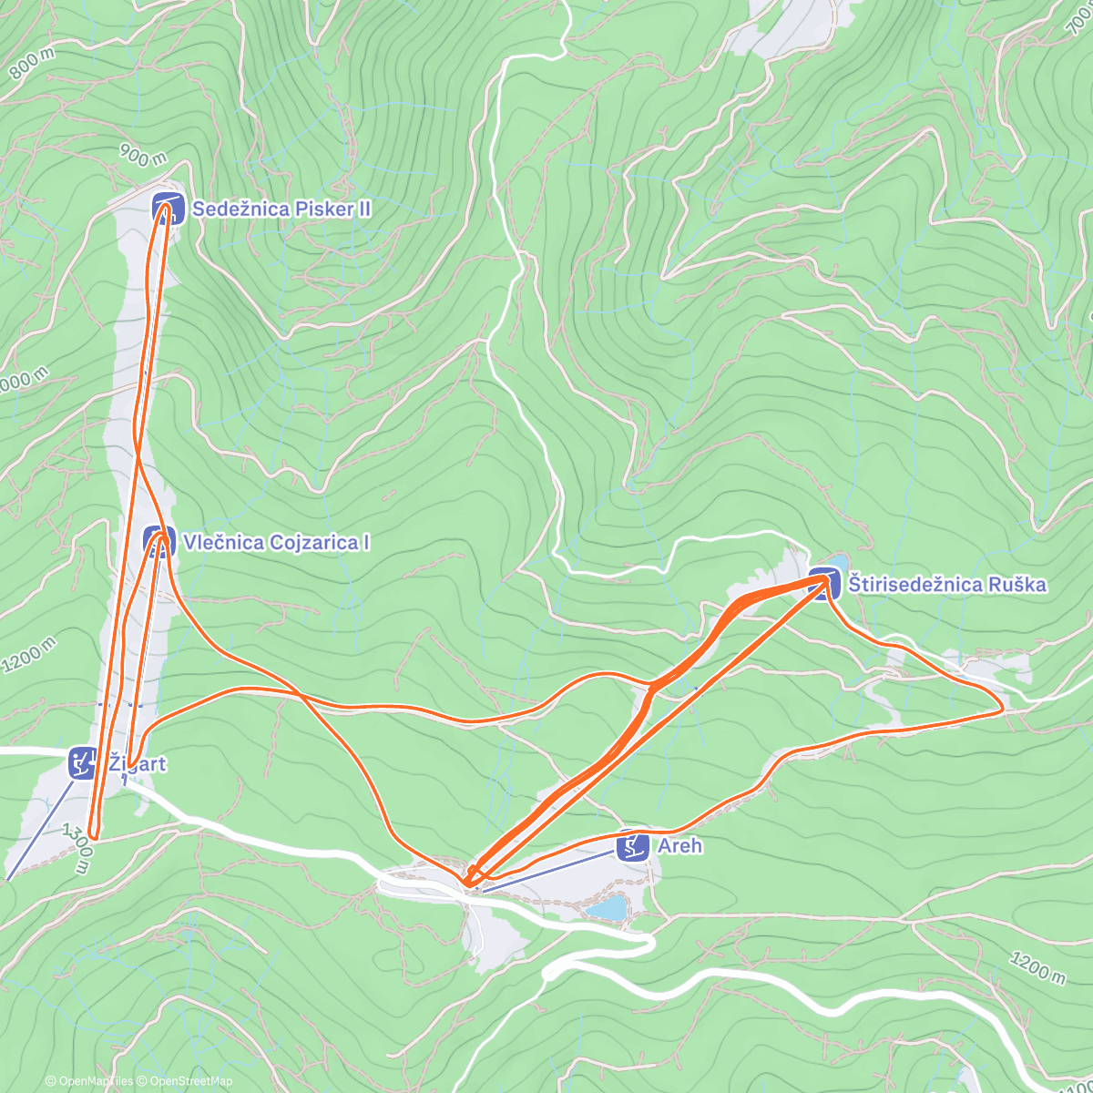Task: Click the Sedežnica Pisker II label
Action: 281,209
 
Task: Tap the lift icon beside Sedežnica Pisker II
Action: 168,209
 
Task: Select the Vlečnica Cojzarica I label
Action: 276,542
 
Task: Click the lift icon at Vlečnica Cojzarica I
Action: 159,542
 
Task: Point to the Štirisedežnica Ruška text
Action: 947,584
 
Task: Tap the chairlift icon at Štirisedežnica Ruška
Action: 823,584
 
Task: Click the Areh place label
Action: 680,845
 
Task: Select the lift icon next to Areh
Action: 632,846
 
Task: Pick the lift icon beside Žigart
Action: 84,762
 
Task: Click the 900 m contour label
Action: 143,157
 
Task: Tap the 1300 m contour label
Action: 77,849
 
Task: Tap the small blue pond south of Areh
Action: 607,908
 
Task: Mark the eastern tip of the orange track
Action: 1003,710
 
